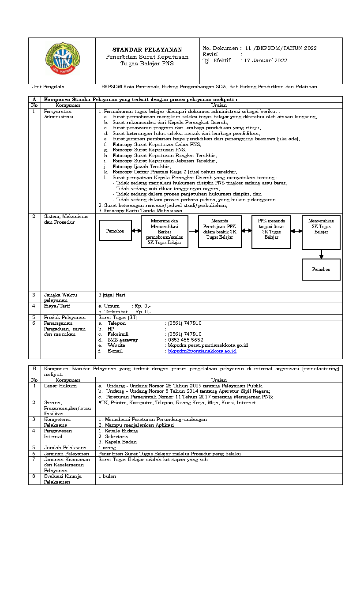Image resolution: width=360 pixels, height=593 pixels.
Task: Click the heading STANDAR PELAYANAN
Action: coord(147,50)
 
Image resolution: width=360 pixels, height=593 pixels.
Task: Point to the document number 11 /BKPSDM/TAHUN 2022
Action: coord(281,48)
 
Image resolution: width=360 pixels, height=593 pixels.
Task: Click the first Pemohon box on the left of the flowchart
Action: coord(116,231)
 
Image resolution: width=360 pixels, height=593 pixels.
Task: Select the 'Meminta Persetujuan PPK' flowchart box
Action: coord(220,231)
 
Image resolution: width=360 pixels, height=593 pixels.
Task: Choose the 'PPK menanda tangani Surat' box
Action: coord(271,232)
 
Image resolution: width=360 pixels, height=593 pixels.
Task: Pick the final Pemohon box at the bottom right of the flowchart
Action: coord(321,269)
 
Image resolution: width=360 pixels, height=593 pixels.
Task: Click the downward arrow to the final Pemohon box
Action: coord(321,255)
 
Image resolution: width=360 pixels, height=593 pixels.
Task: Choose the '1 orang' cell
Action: coord(107,448)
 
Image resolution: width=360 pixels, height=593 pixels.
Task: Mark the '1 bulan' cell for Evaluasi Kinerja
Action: coord(107,477)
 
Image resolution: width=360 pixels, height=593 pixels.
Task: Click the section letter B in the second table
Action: coord(34,368)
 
